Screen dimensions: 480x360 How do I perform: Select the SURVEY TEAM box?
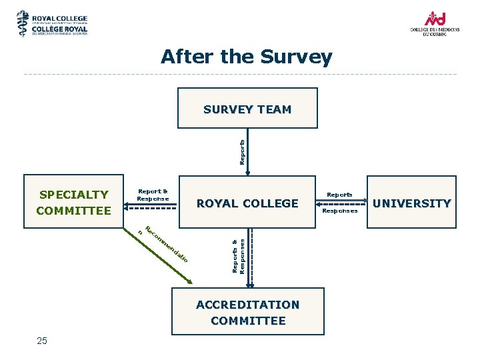point(247,109)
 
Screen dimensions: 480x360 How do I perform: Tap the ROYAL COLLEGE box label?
point(247,203)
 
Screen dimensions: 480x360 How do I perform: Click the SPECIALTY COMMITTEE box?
point(74,203)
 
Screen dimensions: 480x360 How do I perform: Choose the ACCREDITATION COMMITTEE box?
point(247,313)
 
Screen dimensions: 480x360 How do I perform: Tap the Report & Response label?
point(153,195)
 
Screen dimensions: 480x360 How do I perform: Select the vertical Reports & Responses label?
point(238,255)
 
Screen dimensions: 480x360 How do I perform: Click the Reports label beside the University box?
point(339,195)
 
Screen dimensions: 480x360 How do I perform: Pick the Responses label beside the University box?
point(339,211)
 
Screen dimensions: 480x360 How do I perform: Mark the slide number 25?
point(42,341)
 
